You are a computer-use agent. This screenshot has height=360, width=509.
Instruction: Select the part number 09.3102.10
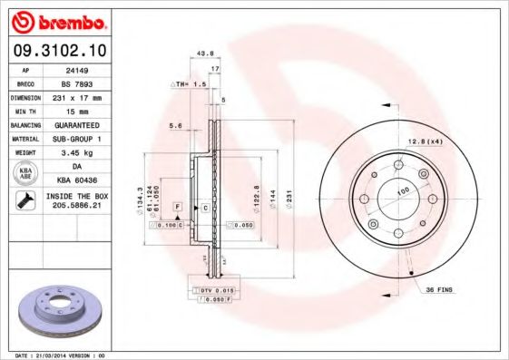[x=60, y=51]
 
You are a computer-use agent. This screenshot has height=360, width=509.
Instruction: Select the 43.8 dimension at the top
[x=204, y=53]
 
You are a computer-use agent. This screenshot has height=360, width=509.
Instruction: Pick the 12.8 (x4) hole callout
[x=424, y=141]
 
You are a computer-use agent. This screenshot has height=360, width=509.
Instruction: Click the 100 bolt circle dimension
[x=400, y=190]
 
